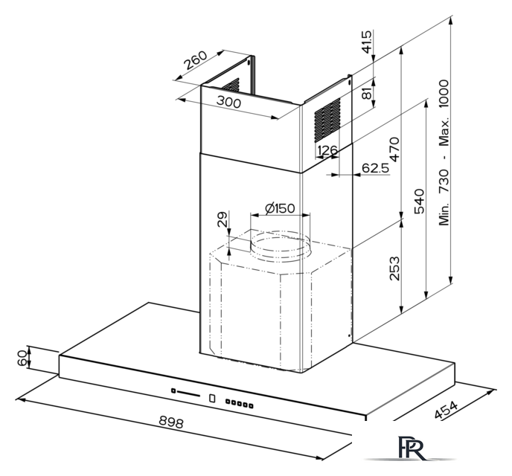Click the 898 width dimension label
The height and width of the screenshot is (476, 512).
pos(171,422)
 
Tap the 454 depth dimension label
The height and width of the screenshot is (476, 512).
pos(446,410)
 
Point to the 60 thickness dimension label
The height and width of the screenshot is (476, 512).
pos(22,358)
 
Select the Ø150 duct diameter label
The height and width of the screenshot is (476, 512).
pos(280,208)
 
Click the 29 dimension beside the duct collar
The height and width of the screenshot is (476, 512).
pos(222,219)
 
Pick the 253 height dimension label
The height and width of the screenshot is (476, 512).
pos(394,268)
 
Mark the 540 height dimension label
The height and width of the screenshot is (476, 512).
pos(419,202)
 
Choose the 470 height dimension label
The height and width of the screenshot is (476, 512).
pos(394,149)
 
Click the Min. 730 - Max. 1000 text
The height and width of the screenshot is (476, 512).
pos(444,152)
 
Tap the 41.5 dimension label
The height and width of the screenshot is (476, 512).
pos(366,42)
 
